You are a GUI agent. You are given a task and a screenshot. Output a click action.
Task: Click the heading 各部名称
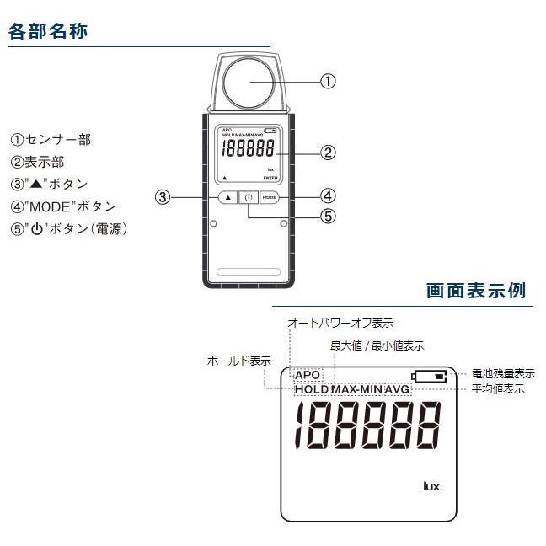tap(48, 32)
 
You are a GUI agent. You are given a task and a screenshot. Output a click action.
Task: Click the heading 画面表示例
tap(476, 291)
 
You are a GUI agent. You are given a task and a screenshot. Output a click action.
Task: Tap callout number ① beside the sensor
tap(328, 82)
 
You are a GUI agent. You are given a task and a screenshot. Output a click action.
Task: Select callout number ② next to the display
tap(329, 153)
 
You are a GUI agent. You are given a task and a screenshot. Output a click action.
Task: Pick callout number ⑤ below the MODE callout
tap(329, 216)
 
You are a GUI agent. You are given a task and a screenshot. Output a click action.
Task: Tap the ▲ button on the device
tap(227, 197)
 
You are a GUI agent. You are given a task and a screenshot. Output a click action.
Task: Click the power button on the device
tap(248, 197)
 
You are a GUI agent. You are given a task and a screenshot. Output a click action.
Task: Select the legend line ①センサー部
tap(51, 140)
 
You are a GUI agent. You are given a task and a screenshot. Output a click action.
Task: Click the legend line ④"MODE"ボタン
tap(63, 206)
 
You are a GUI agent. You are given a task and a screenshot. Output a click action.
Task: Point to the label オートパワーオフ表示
tap(340, 323)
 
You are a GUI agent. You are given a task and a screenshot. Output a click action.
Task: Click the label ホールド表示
tap(238, 361)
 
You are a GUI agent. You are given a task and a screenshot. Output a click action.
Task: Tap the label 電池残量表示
tap(503, 373)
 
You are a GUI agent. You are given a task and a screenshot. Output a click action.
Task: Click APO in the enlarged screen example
tap(308, 375)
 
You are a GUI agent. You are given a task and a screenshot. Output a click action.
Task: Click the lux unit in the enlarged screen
tap(431, 486)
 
